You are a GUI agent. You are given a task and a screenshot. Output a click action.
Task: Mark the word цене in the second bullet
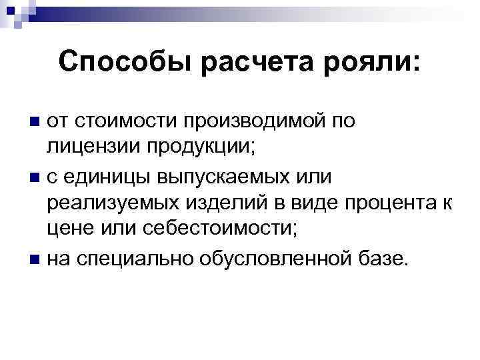point(70,230)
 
